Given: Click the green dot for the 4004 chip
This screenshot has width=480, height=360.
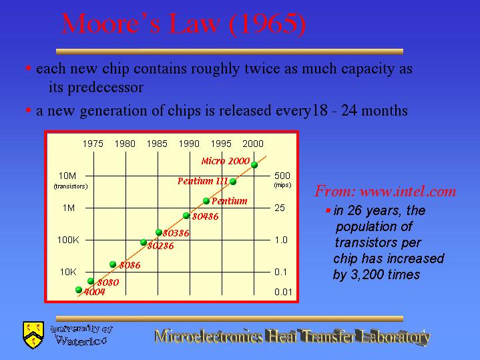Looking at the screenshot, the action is pos(79,289).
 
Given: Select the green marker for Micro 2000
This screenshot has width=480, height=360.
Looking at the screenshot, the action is pos(254,165).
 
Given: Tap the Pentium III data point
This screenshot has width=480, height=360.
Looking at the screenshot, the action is pos(232,182).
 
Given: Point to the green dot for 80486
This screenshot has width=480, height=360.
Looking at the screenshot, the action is pos(186,215).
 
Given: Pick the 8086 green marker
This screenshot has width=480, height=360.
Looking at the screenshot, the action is pos(113,264).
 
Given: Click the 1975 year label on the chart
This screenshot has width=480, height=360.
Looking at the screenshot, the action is pos(93,144).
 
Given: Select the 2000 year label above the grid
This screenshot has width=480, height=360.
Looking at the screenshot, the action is pos(253,144).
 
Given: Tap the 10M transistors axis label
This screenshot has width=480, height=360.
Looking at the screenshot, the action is pos(67,176).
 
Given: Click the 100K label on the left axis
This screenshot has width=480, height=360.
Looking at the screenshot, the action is pos(68,240).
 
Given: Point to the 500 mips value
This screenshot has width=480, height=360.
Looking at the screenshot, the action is pos(282,176).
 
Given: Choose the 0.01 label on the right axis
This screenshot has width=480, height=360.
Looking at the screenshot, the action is pos(283,292).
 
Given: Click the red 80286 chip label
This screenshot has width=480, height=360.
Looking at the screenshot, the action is pos(161,246).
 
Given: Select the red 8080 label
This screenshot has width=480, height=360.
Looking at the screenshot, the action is pos(108,282).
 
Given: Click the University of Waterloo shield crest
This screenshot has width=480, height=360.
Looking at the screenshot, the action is pos(33,335).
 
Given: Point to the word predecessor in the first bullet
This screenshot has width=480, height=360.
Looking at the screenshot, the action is pos(105,87).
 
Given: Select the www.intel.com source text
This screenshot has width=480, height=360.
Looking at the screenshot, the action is pos(408,192).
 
